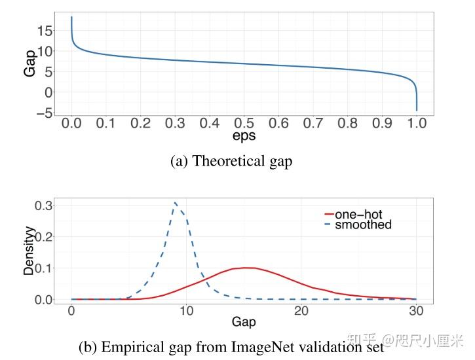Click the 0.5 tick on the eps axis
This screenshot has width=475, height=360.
click(244, 123)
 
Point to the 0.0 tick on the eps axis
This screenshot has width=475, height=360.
click(71, 123)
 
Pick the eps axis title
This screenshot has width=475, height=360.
click(244, 137)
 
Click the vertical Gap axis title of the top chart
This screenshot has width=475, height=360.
click(30, 63)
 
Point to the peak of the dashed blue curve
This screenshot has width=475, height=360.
click(175, 203)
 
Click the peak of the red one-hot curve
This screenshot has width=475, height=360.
click(245, 268)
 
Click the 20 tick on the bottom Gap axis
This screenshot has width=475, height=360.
click(301, 310)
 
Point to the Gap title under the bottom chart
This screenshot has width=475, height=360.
click(243, 322)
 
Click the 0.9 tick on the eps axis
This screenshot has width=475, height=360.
click(382, 123)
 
